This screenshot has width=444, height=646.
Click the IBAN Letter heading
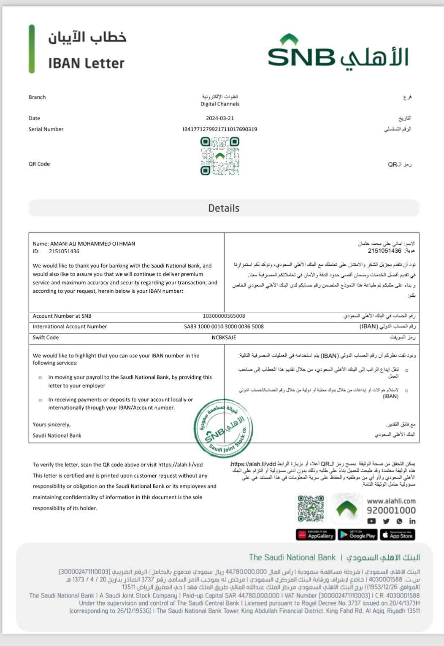(86, 63)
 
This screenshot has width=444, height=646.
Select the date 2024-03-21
(220, 119)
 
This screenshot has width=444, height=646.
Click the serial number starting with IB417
(220, 130)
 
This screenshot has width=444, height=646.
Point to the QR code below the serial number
(220, 156)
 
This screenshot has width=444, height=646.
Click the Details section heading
(224, 208)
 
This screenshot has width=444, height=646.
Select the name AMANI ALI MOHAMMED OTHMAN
(92, 244)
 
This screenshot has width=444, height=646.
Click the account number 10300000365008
(224, 316)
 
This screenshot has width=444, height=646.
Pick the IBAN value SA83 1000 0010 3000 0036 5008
(224, 327)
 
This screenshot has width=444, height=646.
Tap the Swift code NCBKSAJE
(224, 338)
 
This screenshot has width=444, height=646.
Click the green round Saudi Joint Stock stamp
(223, 428)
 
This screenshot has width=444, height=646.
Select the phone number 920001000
(391, 511)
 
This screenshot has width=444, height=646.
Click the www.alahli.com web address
(391, 501)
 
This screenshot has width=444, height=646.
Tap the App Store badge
(398, 535)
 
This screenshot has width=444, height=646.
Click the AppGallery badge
(316, 535)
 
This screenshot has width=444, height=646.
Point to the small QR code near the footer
(311, 509)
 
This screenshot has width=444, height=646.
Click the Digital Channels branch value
(220, 104)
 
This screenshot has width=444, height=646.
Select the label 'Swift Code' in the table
(46, 338)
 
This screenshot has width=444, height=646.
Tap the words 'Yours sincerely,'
(51, 425)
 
